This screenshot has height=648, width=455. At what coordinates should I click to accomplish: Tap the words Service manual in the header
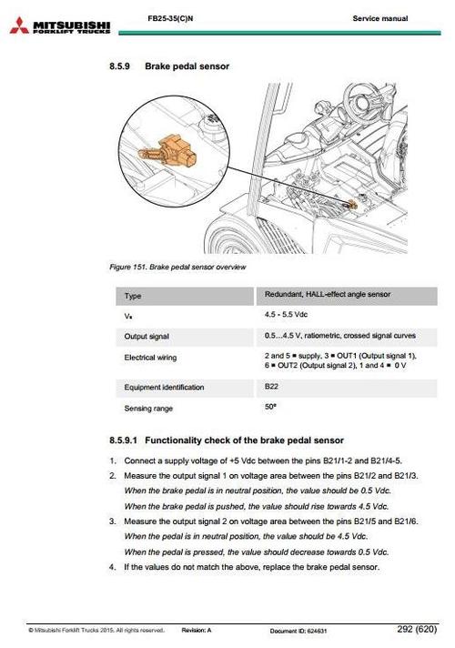[x=379, y=18]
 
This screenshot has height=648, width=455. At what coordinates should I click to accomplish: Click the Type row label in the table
[x=133, y=296]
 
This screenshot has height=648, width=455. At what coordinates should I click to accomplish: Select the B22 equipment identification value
[x=272, y=387]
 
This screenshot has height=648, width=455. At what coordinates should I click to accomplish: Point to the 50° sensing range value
[x=270, y=408]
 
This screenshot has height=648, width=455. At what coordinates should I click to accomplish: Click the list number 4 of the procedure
[x=113, y=568]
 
